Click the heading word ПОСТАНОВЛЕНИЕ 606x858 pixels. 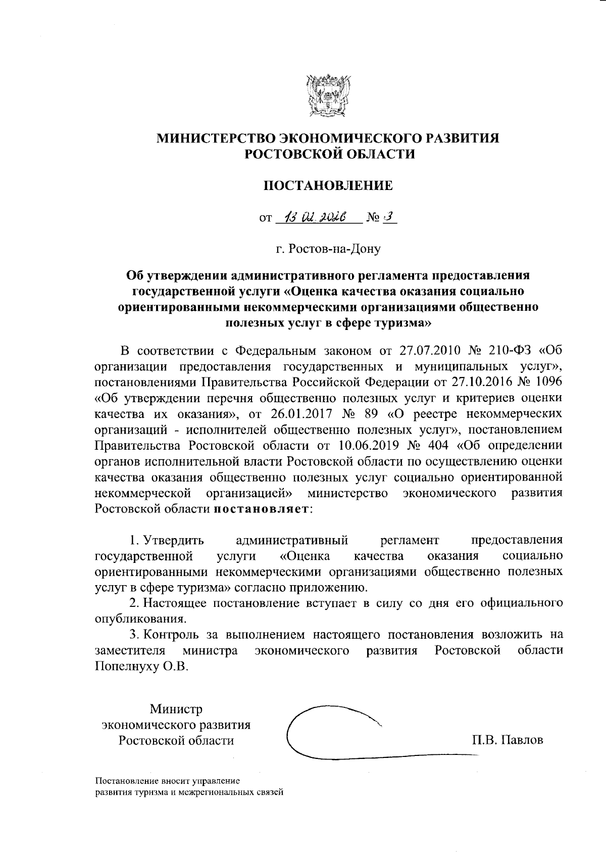(329, 185)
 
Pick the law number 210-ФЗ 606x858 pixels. (511, 350)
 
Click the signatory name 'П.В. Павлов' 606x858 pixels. (507, 740)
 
